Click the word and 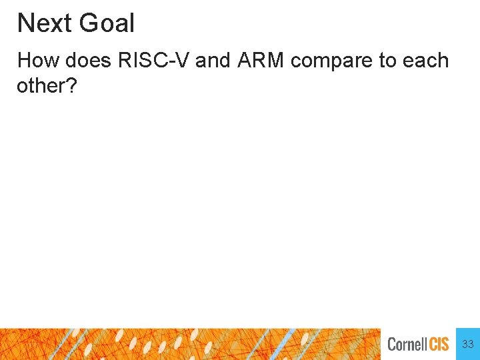pyautogui.click(x=213, y=61)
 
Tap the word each pyautogui.click(x=427, y=61)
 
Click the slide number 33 pyautogui.click(x=468, y=344)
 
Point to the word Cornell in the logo pyautogui.click(x=407, y=345)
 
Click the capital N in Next pyautogui.click(x=25, y=23)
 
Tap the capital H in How pyautogui.click(x=24, y=61)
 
